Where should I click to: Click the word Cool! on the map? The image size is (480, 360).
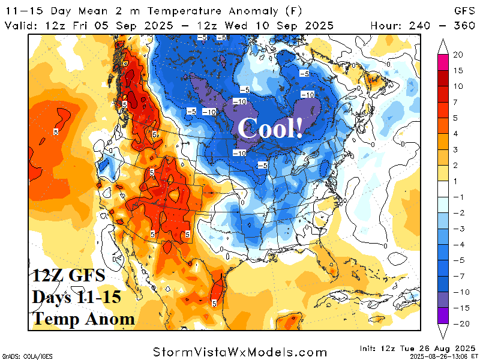click(x=270, y=128)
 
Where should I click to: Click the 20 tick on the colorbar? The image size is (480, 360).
click(x=458, y=55)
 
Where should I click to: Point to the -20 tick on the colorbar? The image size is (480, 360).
click(x=458, y=323)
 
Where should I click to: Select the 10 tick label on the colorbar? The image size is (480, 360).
click(x=458, y=86)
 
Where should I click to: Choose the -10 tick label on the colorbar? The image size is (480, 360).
click(x=458, y=292)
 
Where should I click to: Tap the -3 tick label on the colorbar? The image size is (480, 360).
click(x=458, y=229)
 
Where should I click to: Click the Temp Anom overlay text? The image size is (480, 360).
click(x=83, y=319)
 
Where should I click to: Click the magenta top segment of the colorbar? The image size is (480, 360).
click(x=443, y=62)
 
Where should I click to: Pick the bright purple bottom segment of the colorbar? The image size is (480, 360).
click(x=443, y=316)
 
